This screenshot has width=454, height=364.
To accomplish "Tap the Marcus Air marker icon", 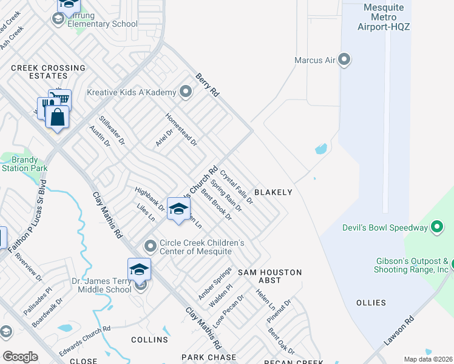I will tap(345, 60).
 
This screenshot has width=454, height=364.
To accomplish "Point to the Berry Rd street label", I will tap(206, 86).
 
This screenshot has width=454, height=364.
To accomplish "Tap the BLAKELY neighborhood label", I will tap(273, 192).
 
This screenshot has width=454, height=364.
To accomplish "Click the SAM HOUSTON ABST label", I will tap(269, 276).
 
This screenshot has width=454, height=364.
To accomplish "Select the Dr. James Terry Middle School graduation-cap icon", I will tap(139, 269).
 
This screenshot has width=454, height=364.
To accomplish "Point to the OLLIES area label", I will tap(371, 303).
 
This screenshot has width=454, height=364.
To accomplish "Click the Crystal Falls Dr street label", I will tap(236, 187).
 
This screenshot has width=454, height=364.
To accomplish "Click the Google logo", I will tap(20, 357).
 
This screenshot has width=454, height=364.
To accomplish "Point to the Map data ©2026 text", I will tap(428, 359).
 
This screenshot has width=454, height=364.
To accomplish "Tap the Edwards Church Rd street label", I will tap(84, 341).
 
